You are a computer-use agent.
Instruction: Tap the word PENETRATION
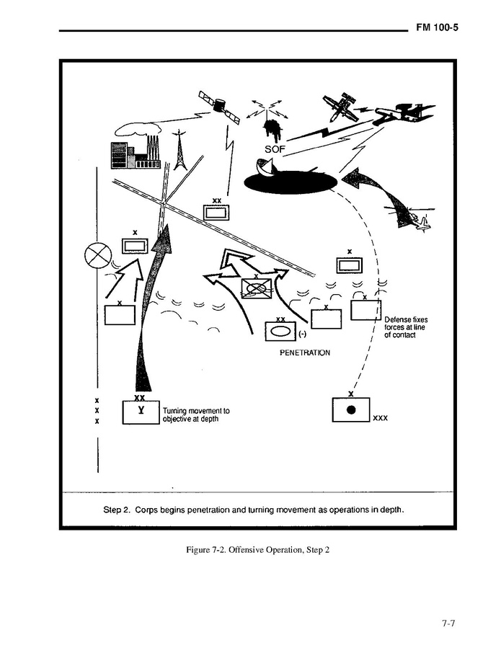(304, 353)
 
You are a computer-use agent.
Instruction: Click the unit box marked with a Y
(141, 412)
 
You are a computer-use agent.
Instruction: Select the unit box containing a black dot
(350, 409)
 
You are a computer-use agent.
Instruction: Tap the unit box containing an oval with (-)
(280, 332)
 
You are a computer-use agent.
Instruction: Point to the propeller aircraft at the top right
(340, 107)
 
